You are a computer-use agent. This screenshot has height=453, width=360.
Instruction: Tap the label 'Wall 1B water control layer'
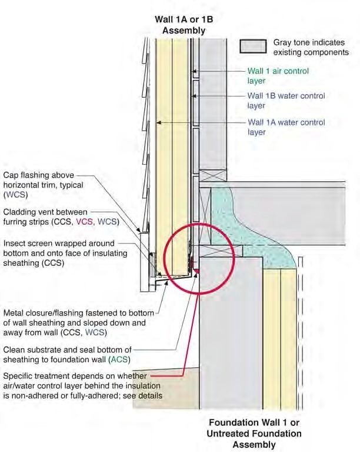click(x=285, y=101)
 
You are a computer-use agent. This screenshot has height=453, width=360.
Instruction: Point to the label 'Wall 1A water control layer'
click(x=285, y=128)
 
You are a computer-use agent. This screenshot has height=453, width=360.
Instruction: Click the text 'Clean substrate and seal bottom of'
click(x=67, y=349)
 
